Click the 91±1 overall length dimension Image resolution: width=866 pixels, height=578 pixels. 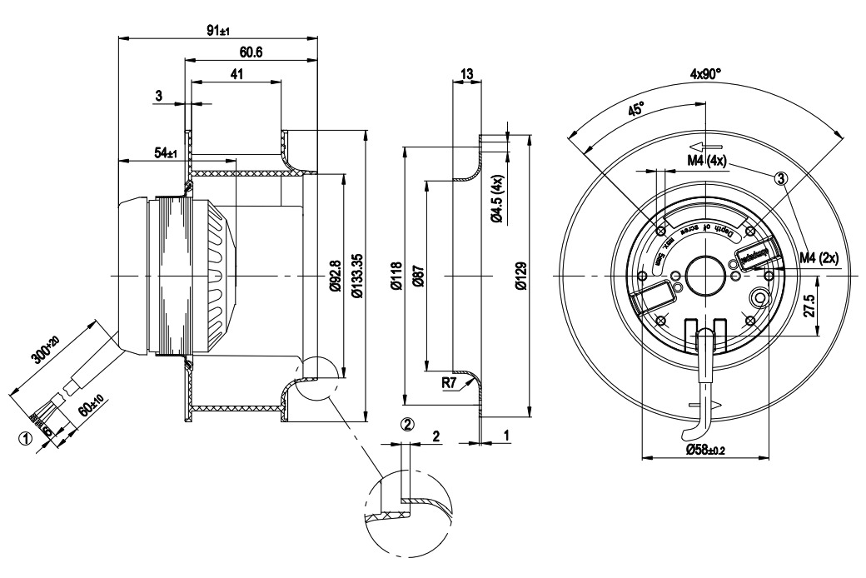219,31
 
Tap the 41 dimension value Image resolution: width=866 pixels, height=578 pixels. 236,74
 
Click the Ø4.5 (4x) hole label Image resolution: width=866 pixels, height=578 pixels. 496,200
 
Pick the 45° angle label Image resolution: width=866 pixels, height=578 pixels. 635,110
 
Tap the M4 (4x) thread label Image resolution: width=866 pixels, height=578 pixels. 708,160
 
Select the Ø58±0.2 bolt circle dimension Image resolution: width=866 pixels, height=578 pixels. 705,449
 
